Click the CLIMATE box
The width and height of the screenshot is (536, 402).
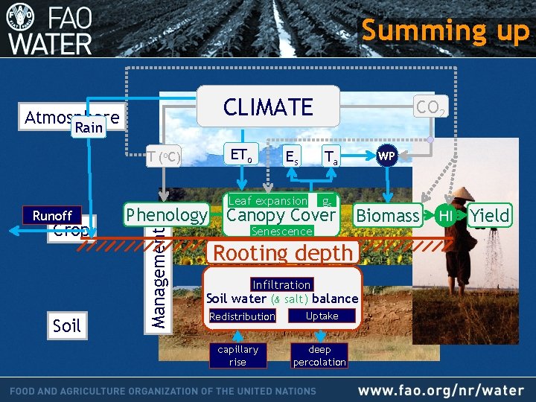[268, 106]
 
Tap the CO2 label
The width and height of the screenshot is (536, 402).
[431, 108]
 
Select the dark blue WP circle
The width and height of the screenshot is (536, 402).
[386, 156]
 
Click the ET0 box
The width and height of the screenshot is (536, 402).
[240, 156]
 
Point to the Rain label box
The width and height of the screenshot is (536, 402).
[89, 128]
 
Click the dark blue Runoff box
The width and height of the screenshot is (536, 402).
[52, 216]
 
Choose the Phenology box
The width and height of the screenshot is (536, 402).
[167, 215]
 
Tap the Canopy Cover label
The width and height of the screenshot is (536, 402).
[281, 216]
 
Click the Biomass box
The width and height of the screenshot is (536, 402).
[387, 216]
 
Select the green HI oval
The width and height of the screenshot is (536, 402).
[445, 216]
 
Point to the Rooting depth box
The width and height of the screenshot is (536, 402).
[283, 252]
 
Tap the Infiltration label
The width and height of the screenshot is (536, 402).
[281, 284]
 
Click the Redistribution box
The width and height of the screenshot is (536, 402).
[243, 316]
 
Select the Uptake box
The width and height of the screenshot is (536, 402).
[322, 316]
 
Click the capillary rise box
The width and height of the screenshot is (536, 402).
[237, 355]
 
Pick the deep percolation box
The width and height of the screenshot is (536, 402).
[319, 355]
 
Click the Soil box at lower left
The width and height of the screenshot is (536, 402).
[66, 325]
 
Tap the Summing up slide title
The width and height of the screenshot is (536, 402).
[445, 31]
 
